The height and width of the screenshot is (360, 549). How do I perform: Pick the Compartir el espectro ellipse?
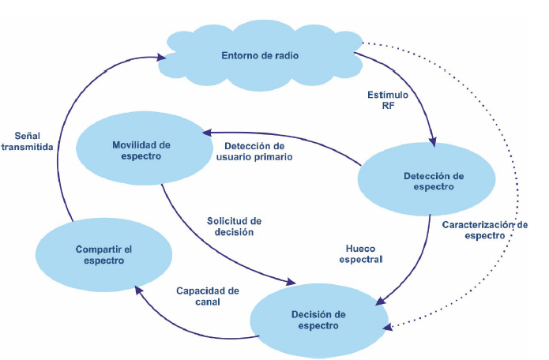point(103,253)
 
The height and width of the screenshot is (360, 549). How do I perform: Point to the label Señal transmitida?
point(28,139)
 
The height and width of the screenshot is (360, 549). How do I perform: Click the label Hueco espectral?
point(359,253)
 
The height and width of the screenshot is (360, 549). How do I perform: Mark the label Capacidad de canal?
point(207,296)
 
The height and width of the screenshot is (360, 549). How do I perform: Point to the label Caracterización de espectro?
point(484,230)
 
